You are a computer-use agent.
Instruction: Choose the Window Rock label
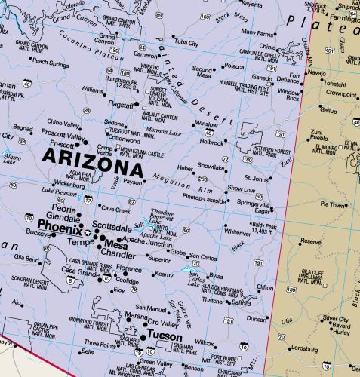tap(288, 96)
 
